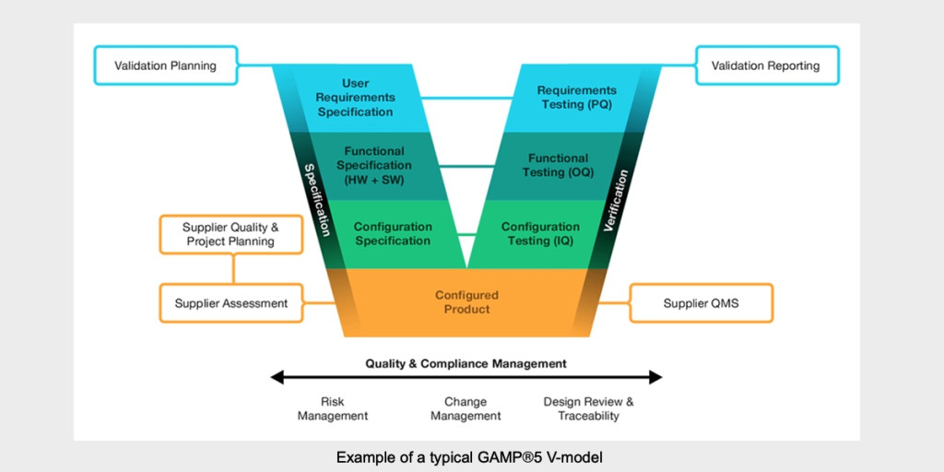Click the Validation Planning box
(x=165, y=66)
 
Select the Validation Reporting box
(x=766, y=66)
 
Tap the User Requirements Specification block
(x=355, y=98)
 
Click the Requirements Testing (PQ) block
(x=576, y=98)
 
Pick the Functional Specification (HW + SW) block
(x=373, y=165)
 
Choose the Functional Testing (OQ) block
(x=558, y=165)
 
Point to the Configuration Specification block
(x=392, y=234)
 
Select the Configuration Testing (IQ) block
(x=540, y=234)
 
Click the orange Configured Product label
(x=466, y=302)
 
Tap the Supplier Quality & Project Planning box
(x=230, y=234)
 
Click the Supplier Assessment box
(x=230, y=303)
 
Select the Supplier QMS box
(x=701, y=303)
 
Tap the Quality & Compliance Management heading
(x=466, y=363)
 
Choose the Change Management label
(x=466, y=409)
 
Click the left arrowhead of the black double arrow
(x=276, y=377)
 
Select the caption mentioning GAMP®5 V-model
(x=471, y=457)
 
